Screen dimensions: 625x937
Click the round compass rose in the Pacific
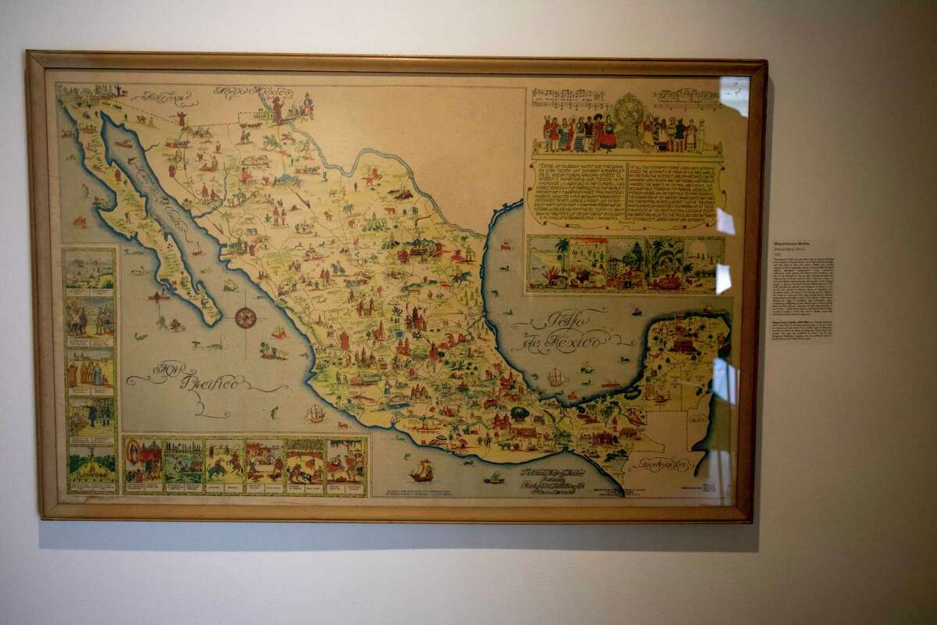pyautogui.click(x=246, y=317)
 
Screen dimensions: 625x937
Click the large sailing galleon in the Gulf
pyautogui.click(x=555, y=377)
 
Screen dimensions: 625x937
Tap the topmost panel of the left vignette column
pyautogui.click(x=90, y=270)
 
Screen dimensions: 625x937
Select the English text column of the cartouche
pyautogui.click(x=674, y=194)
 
